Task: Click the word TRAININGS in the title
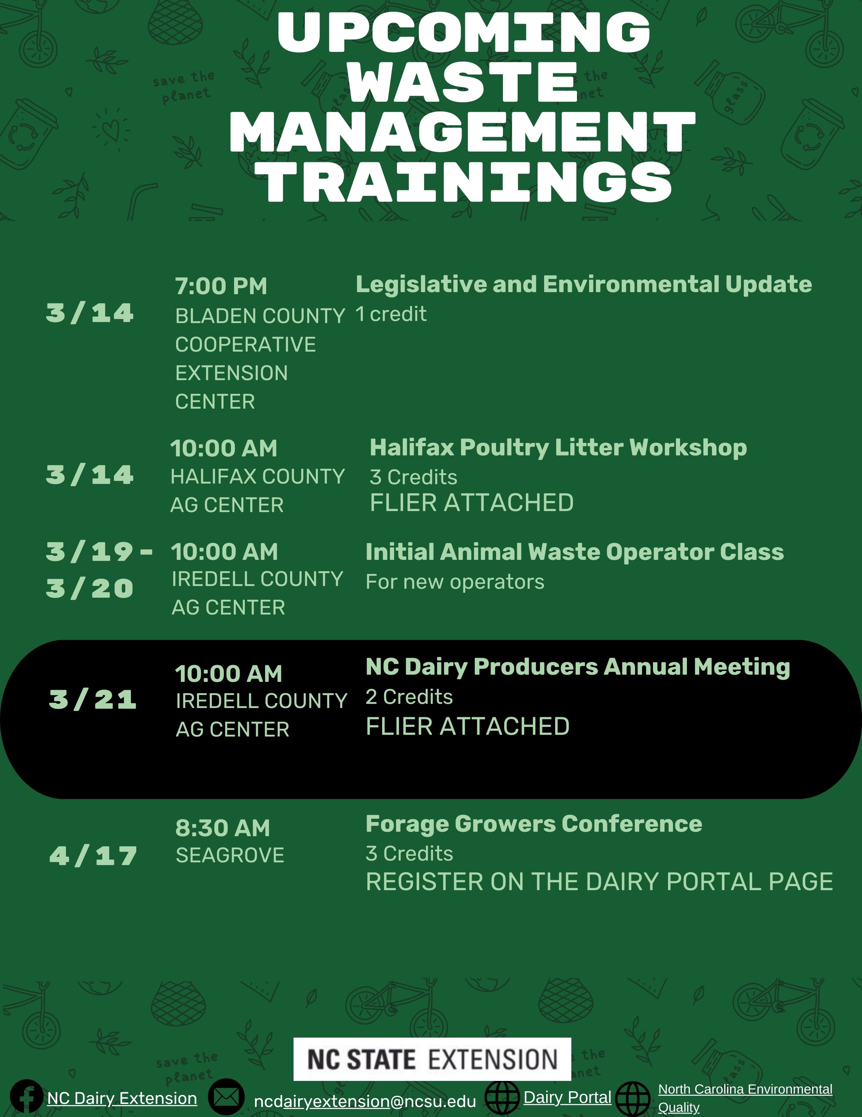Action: [x=466, y=183]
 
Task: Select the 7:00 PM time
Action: [x=221, y=286]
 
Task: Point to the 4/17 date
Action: [x=93, y=856]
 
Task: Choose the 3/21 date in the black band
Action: [x=92, y=699]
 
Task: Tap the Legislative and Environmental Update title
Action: [x=584, y=284]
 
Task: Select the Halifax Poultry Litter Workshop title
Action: [x=558, y=447]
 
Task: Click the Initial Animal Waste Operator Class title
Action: [x=574, y=552]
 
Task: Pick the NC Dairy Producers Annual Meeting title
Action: [x=578, y=667]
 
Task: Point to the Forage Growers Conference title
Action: [x=534, y=824]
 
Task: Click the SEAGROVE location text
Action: [x=230, y=855]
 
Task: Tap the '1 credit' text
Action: [x=391, y=314]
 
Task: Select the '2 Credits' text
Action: [x=409, y=697]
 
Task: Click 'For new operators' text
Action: [x=455, y=582]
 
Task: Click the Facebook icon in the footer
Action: [x=26, y=1096]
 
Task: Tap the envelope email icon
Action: [x=226, y=1096]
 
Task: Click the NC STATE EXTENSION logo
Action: [x=432, y=1059]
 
